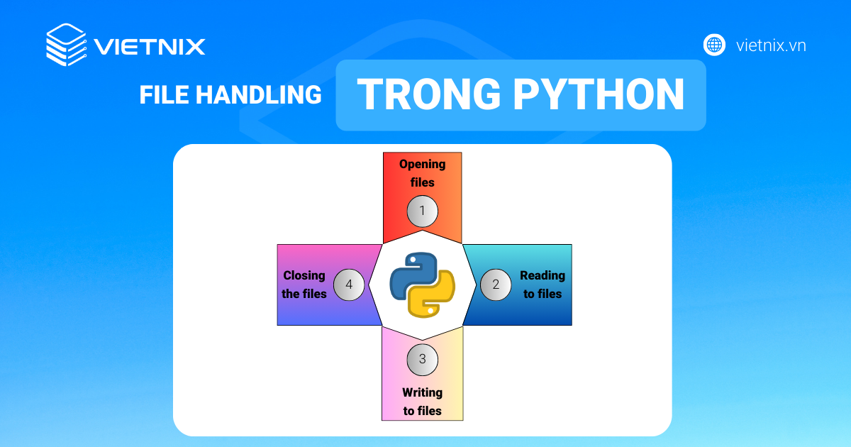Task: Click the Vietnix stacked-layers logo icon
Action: [x=66, y=46]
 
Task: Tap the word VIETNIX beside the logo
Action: [x=150, y=47]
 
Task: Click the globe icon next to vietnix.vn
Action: [x=714, y=45]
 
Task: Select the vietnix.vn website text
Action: [x=771, y=46]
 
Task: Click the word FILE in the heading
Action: [x=164, y=95]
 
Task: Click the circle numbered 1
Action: [x=422, y=211]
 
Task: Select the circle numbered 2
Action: [x=496, y=285]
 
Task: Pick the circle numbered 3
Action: [x=422, y=358]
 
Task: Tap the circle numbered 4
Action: [x=348, y=285]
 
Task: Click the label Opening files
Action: [x=422, y=173]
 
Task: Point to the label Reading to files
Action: [x=543, y=285]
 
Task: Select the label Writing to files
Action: [x=422, y=402]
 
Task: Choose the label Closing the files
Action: [x=304, y=285]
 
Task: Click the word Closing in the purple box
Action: [x=304, y=275]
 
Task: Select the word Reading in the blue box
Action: [x=543, y=275]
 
